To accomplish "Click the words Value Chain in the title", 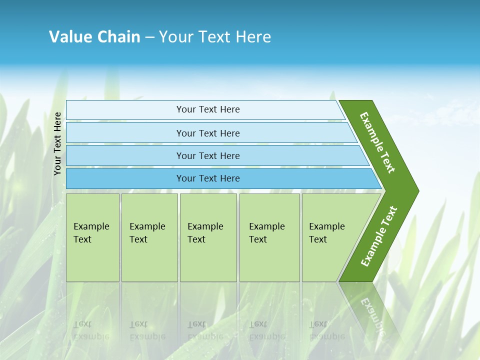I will [x=94, y=37].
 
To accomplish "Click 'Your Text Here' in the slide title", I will [x=215, y=37].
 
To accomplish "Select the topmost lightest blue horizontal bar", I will [x=125, y=110].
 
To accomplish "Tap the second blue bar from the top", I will [x=125, y=133].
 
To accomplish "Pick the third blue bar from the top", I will [x=125, y=155].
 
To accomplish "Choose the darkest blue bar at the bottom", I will [x=125, y=178].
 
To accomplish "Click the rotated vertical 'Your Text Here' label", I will [x=58, y=143].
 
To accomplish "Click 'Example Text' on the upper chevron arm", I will [x=377, y=142].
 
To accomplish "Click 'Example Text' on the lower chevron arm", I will [x=379, y=236].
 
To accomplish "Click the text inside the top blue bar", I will [x=208, y=109].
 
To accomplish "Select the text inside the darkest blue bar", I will [x=208, y=178].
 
